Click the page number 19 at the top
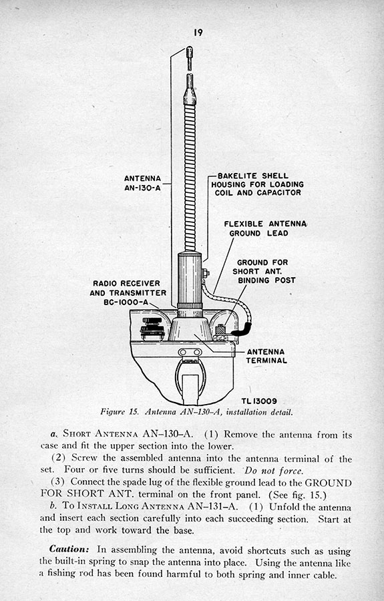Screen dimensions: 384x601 [x=198, y=33]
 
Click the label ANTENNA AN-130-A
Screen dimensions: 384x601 [x=142, y=183]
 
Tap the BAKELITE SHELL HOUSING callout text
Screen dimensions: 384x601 [x=257, y=184]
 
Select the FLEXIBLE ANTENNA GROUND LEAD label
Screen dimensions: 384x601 [x=265, y=228]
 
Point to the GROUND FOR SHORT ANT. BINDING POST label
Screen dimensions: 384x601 [x=264, y=271]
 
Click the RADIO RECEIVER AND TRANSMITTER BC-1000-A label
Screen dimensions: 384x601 [x=128, y=293]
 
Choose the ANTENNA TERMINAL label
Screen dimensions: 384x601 [x=266, y=356]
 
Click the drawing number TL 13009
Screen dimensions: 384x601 [x=259, y=401]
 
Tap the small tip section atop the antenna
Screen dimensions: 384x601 [x=189, y=58]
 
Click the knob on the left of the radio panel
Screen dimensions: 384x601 [x=152, y=329]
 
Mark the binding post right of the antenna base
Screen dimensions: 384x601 [x=220, y=332]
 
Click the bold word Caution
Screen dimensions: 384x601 [x=69, y=549]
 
